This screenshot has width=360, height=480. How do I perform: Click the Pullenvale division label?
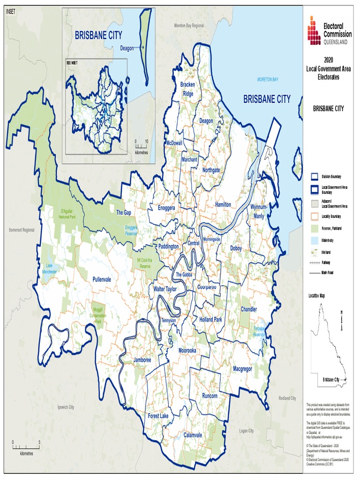click(101, 279)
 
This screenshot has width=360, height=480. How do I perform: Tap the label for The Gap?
click(124, 212)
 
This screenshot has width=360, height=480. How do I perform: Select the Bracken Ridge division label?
click(188, 89)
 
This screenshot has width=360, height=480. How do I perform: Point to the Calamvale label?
click(193, 435)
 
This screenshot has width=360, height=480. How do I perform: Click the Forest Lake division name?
click(158, 416)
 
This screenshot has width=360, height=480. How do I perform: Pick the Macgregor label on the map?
click(242, 369)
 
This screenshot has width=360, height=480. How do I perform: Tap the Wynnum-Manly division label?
click(259, 211)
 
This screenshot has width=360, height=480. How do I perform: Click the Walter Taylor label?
click(165, 289)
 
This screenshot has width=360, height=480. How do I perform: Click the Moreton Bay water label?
click(268, 80)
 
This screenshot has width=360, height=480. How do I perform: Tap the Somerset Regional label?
click(22, 230)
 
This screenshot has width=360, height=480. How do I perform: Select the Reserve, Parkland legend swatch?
click(315, 228)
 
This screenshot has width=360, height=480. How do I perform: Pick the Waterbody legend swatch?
click(315, 240)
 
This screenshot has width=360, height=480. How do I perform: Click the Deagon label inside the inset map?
click(127, 48)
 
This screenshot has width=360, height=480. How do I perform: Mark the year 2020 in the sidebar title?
click(328, 60)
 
